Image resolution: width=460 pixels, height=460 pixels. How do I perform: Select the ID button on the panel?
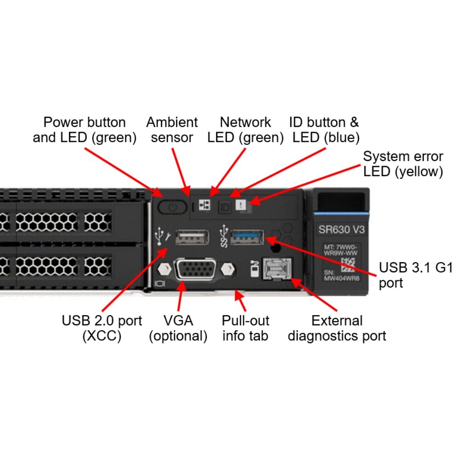tap(225, 207)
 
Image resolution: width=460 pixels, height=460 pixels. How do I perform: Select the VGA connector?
tap(195, 270)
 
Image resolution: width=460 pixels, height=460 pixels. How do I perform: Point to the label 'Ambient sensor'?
tap(172, 130)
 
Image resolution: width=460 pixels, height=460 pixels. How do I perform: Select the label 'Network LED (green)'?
tap(245, 130)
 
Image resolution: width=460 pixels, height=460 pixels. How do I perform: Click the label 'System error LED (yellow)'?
tap(403, 164)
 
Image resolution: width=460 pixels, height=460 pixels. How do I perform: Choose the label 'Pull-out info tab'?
tap(246, 328)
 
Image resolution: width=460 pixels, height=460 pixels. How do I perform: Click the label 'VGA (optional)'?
tap(178, 328)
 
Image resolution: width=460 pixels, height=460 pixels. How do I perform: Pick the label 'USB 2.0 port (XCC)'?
tap(102, 328)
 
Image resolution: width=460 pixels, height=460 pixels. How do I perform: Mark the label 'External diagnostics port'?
tap(337, 328)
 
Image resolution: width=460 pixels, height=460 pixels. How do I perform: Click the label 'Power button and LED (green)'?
tap(85, 130)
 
